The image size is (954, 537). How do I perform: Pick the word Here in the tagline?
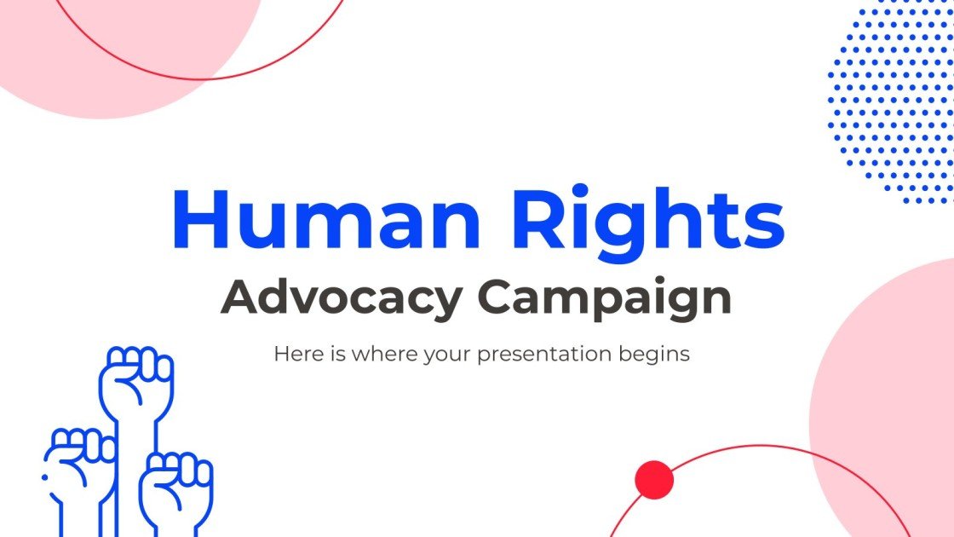click(293, 353)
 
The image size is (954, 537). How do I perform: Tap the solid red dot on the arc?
click(654, 480)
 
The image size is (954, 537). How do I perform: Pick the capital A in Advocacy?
click(239, 297)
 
